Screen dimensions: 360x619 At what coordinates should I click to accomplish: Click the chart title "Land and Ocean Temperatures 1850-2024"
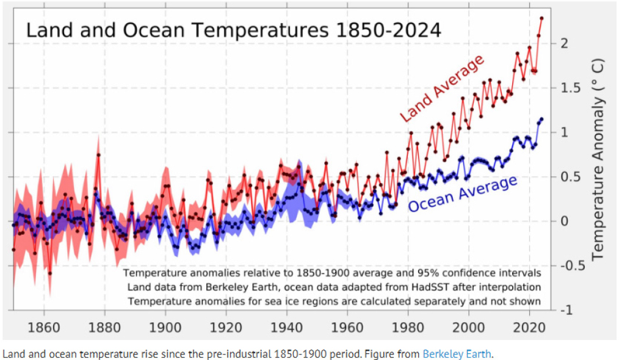[x=233, y=31]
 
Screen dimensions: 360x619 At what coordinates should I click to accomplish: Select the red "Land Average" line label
[x=442, y=87]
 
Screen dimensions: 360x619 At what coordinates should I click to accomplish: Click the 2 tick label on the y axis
[x=565, y=44]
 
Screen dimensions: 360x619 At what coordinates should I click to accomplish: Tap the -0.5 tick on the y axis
[x=571, y=266]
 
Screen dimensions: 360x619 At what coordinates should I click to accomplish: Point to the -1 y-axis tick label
[x=567, y=311]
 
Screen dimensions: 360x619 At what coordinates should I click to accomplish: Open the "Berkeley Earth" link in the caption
[x=457, y=353]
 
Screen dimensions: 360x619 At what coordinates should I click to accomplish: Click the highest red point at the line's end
[x=541, y=18]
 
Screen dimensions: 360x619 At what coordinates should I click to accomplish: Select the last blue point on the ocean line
[x=541, y=119]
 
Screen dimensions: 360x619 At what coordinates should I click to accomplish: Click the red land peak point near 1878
[x=98, y=155]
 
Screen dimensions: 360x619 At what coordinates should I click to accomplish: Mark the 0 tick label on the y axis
[x=565, y=221]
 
